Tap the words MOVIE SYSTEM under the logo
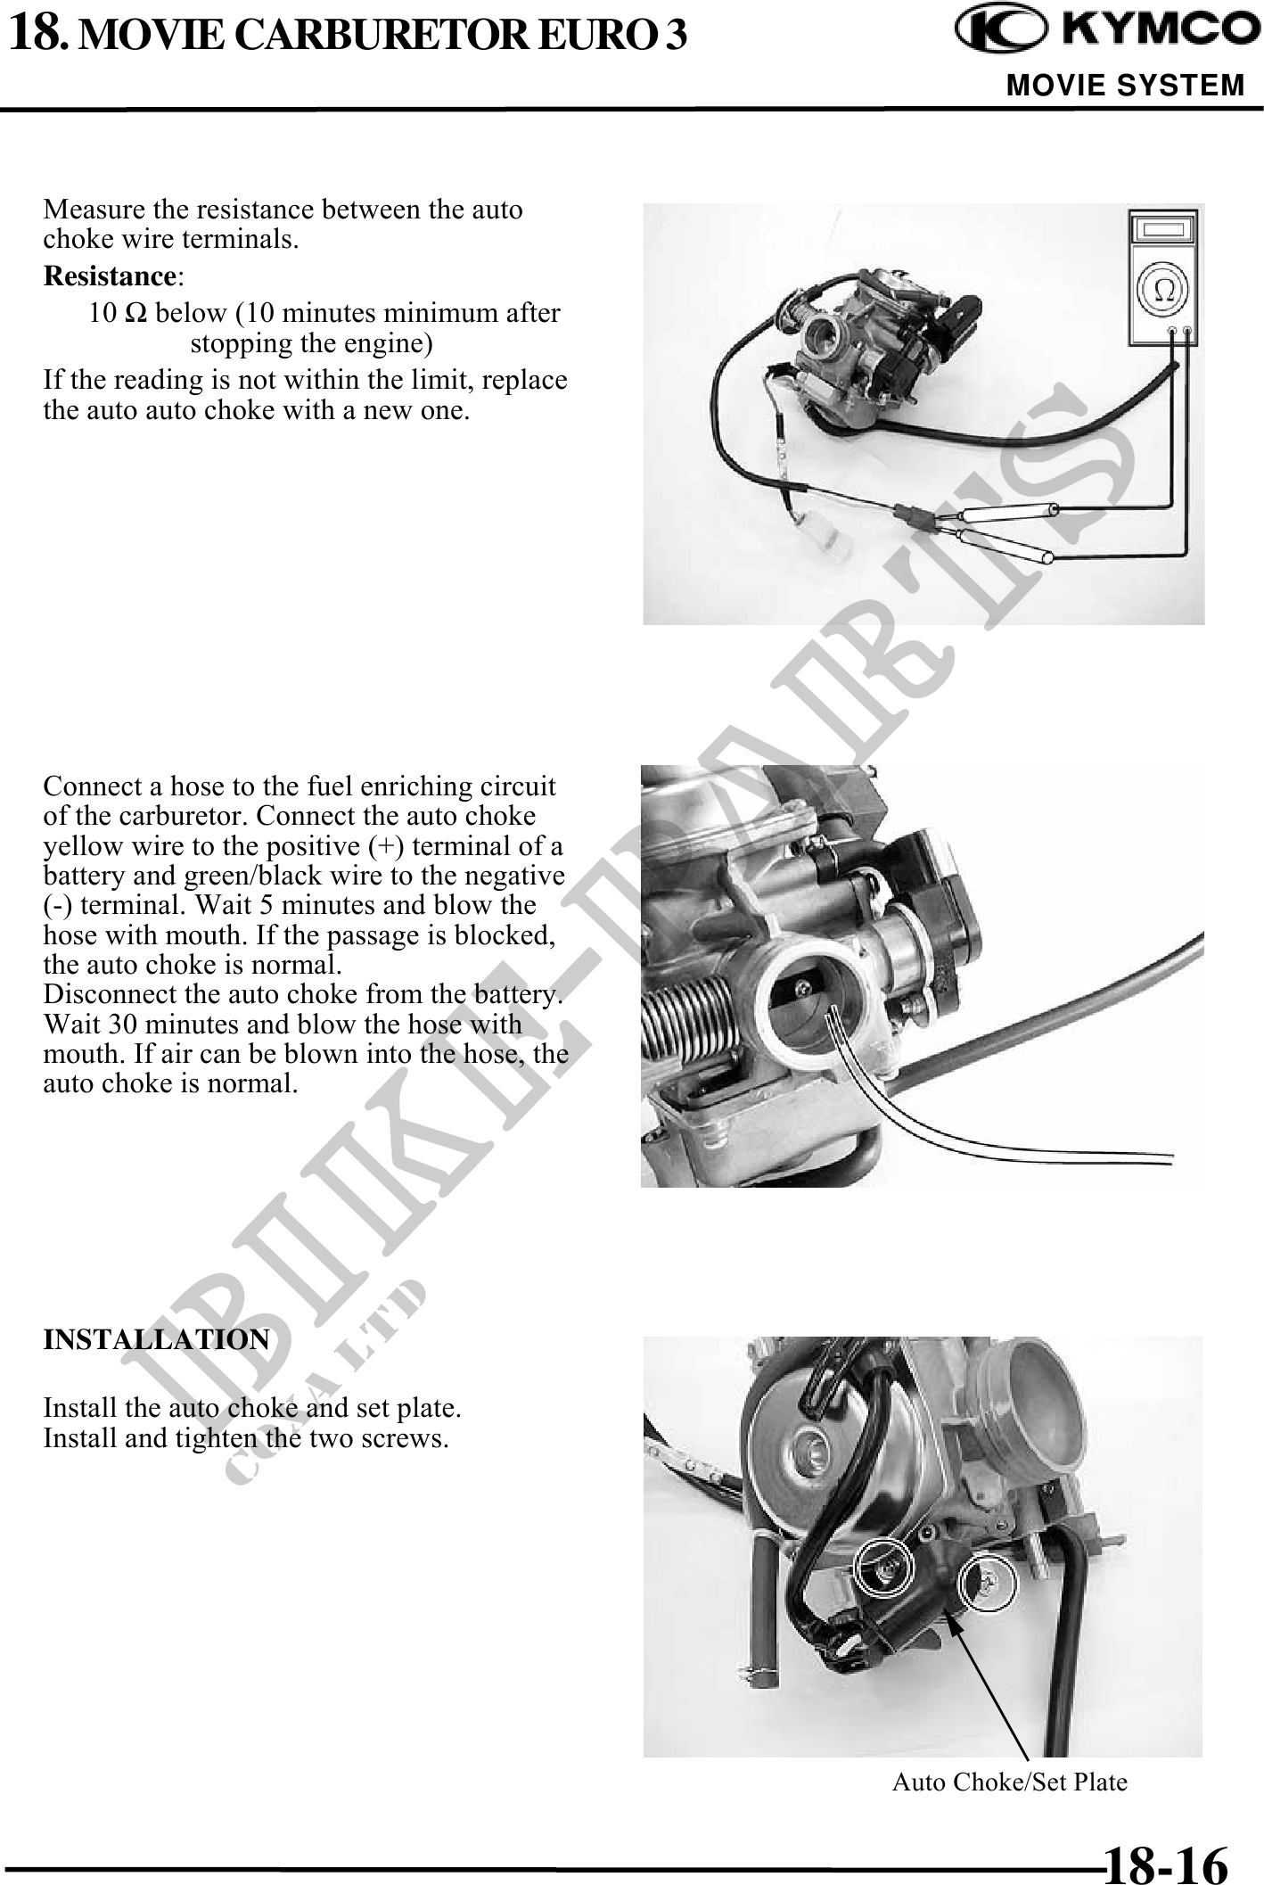pyautogui.click(x=1125, y=86)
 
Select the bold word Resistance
pyautogui.click(x=109, y=276)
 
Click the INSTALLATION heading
pyautogui.click(x=157, y=1339)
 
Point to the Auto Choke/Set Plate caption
pyautogui.click(x=1010, y=1782)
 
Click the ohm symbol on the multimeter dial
pyautogui.click(x=1164, y=291)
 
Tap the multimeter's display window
pyautogui.click(x=1164, y=230)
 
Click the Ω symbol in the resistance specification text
pyautogui.click(x=138, y=314)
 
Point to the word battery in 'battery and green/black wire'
pyautogui.click(x=78, y=876)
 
